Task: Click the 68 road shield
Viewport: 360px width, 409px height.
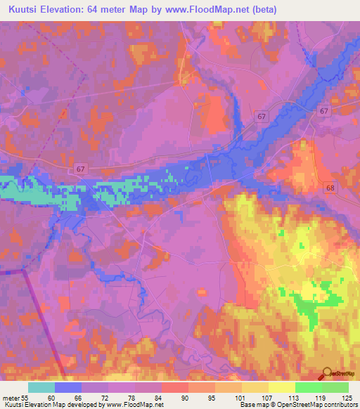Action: coord(330,188)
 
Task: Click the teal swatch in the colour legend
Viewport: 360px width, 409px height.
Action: coord(41,387)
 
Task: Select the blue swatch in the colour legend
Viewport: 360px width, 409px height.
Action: coord(68,387)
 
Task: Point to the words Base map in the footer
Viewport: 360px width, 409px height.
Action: coord(252,405)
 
